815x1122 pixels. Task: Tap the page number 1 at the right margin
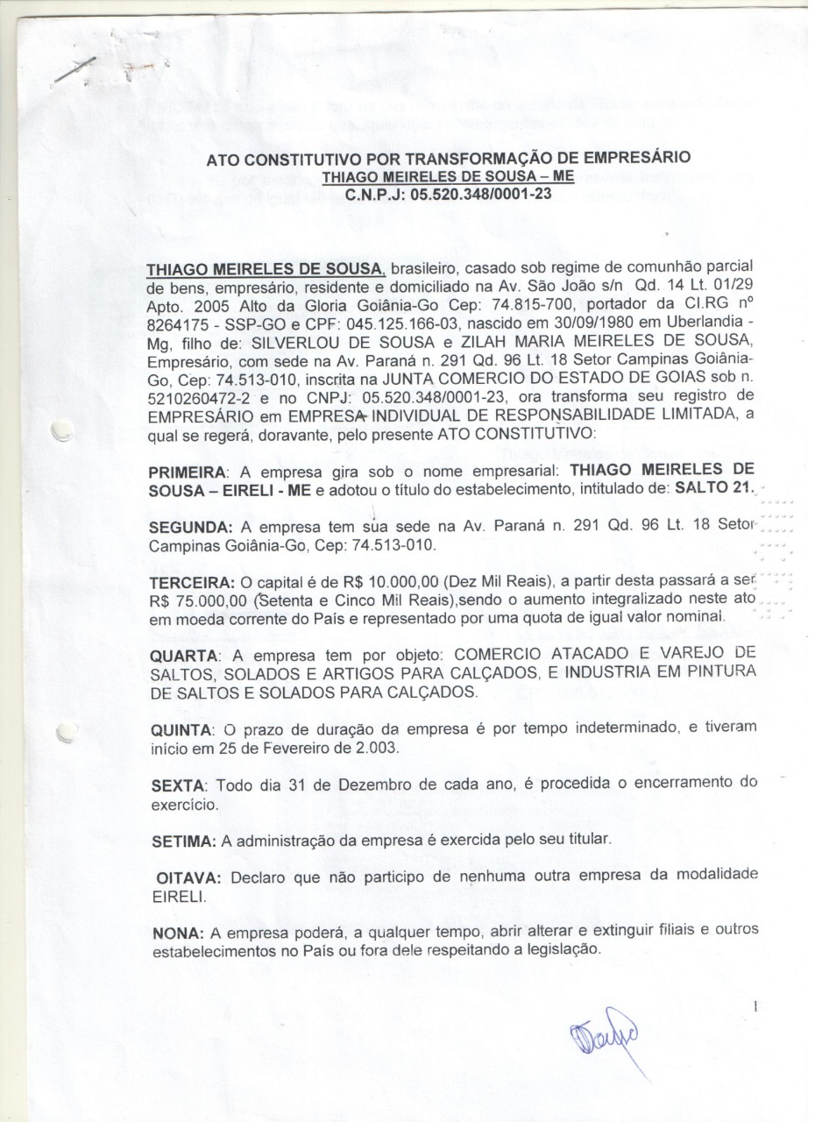tap(755, 1009)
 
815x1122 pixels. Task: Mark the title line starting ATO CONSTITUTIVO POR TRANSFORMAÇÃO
tap(448, 159)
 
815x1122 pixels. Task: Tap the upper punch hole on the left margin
tap(60, 430)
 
